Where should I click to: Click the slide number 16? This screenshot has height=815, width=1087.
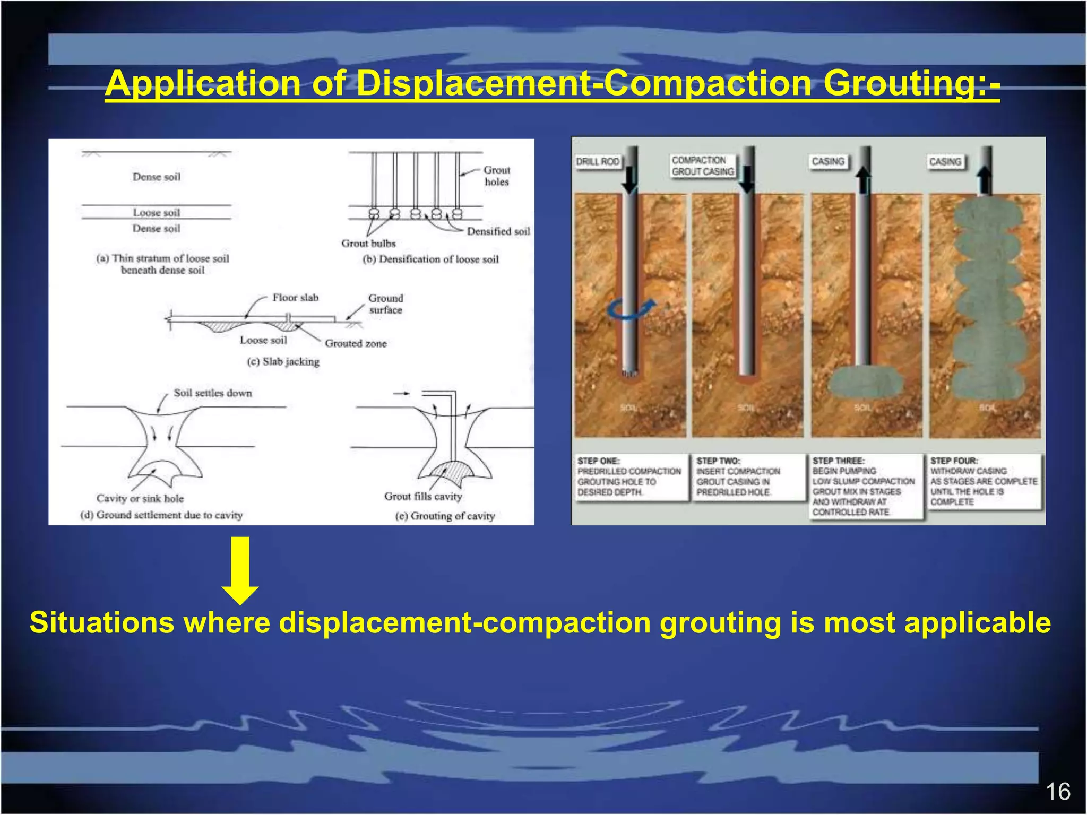tap(1057, 792)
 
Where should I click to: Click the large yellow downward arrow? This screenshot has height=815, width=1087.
tap(240, 570)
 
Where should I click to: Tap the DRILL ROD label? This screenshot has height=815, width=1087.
tap(598, 161)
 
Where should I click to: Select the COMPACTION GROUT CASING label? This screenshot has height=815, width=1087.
tap(702, 166)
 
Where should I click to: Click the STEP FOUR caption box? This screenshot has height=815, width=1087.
tap(984, 481)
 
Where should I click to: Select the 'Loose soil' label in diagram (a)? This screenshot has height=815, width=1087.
tap(157, 212)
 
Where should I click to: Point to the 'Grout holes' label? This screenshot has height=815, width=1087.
tap(497, 176)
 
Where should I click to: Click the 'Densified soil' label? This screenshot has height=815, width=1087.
tap(498, 231)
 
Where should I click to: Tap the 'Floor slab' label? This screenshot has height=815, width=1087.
tap(295, 298)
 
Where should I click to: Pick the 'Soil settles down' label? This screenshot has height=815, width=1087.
tap(213, 393)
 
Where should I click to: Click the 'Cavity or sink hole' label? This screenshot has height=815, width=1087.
tap(140, 499)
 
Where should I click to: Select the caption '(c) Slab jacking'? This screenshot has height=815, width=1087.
tap(283, 362)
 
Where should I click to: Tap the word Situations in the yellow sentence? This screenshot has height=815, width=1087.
tap(102, 623)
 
